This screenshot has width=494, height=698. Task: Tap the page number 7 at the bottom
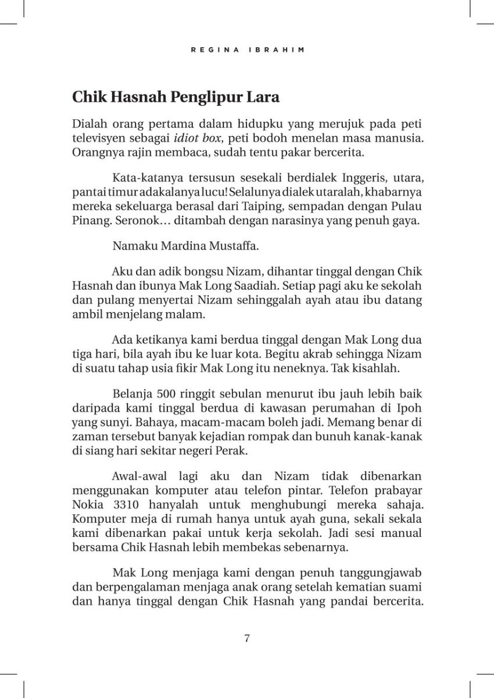(x=247, y=638)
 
